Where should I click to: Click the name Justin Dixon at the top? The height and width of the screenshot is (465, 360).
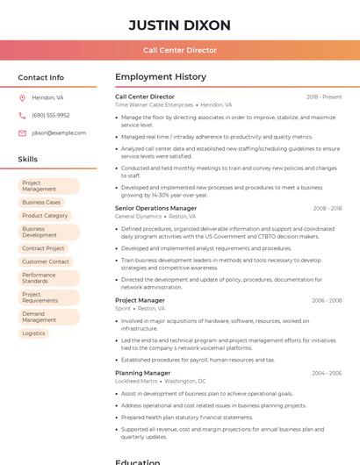pyautogui.click(x=179, y=25)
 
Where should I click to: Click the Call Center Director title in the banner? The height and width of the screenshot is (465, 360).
pyautogui.click(x=179, y=50)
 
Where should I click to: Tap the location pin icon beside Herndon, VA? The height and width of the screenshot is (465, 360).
pyautogui.click(x=22, y=97)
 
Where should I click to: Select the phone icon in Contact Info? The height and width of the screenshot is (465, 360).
pyautogui.click(x=22, y=115)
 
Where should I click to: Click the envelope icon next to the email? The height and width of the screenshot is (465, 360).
pyautogui.click(x=22, y=133)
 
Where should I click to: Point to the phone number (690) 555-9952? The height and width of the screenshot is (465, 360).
pyautogui.click(x=50, y=115)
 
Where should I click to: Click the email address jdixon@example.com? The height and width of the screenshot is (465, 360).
pyautogui.click(x=59, y=133)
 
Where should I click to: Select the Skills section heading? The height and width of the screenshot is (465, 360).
pyautogui.click(x=28, y=159)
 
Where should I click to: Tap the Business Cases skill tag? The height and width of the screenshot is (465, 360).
pyautogui.click(x=41, y=202)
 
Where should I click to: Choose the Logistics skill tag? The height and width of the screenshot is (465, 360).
pyautogui.click(x=33, y=333)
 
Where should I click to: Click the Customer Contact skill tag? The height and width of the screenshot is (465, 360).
pyautogui.click(x=46, y=261)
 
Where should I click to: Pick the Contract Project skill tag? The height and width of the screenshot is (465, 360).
pyautogui.click(x=44, y=248)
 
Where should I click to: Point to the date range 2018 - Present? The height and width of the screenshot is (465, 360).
pyautogui.click(x=324, y=97)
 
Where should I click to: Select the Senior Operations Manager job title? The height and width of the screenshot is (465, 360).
pyautogui.click(x=155, y=209)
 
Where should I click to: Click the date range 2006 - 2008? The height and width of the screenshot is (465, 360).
pyautogui.click(x=327, y=300)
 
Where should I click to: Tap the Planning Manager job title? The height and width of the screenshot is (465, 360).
pyautogui.click(x=142, y=373)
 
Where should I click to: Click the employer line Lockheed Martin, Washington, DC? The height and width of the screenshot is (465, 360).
pyautogui.click(x=161, y=381)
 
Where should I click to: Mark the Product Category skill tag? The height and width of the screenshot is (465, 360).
pyautogui.click(x=45, y=215)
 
